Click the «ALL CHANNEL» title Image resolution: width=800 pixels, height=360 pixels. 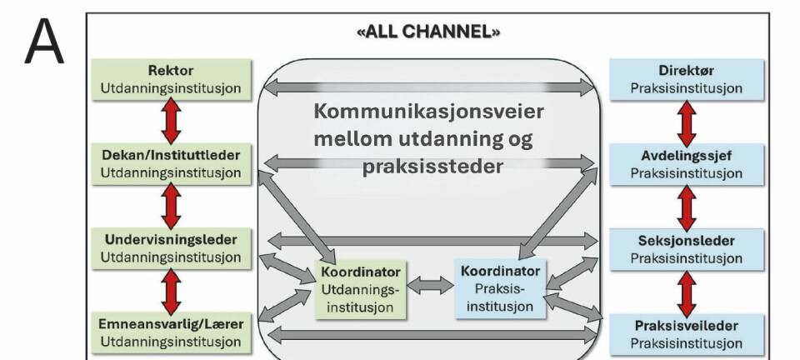click(x=429, y=33)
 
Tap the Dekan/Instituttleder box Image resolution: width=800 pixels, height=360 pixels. click(x=171, y=164)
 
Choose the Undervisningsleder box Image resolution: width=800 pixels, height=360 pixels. click(x=171, y=248)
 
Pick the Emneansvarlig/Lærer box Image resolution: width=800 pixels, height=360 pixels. click(x=171, y=332)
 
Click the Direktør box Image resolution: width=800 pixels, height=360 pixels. click(x=686, y=79)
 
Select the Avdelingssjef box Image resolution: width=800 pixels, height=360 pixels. click(x=686, y=164)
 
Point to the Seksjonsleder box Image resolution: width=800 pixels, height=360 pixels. click(x=686, y=248)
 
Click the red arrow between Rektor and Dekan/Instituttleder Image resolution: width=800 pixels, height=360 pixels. click(x=172, y=122)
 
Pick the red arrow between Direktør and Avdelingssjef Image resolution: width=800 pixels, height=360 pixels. click(x=687, y=122)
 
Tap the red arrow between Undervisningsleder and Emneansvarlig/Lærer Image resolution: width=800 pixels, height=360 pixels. click(x=172, y=290)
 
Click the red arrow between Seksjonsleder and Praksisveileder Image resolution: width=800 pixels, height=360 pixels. click(x=687, y=291)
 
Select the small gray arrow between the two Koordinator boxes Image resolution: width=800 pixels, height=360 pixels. click(x=431, y=285)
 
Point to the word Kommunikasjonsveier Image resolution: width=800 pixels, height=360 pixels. click(x=430, y=112)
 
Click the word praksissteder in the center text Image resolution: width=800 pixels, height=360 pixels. click(x=432, y=166)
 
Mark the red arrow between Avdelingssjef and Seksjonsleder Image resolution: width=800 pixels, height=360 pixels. click(x=687, y=207)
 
